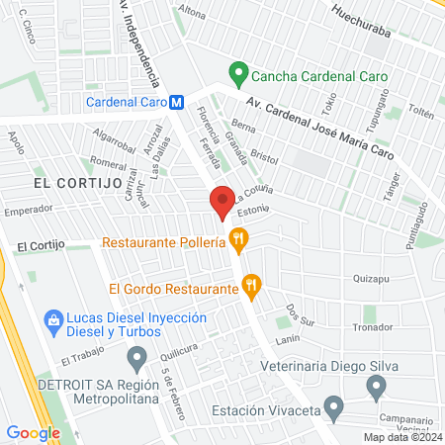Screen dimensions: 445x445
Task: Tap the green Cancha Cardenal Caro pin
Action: pos(237,74)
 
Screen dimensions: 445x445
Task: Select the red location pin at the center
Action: pos(223,201)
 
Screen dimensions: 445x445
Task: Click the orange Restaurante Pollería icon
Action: pos(237,238)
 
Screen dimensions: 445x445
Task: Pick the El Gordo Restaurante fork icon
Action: pos(251,289)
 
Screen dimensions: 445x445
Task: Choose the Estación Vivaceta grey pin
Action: pos(334,406)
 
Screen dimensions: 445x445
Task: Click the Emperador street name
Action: pos(28,210)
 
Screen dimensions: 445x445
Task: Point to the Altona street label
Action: pos(191,12)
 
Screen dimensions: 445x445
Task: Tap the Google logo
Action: pos(33,432)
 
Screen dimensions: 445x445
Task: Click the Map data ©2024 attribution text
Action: pos(401,437)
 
